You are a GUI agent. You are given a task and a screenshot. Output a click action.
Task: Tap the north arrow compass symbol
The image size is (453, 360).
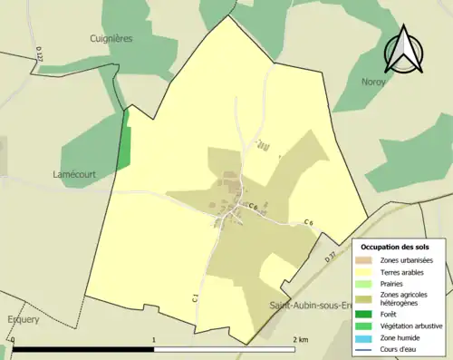405,50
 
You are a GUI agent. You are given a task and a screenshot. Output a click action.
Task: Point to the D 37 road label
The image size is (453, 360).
330,258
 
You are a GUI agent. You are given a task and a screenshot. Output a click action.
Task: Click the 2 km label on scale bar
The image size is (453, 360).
301,340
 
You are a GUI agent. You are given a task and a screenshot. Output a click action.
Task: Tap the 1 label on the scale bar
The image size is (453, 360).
154,340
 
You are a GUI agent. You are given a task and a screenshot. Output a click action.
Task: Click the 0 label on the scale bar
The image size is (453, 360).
13,340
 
